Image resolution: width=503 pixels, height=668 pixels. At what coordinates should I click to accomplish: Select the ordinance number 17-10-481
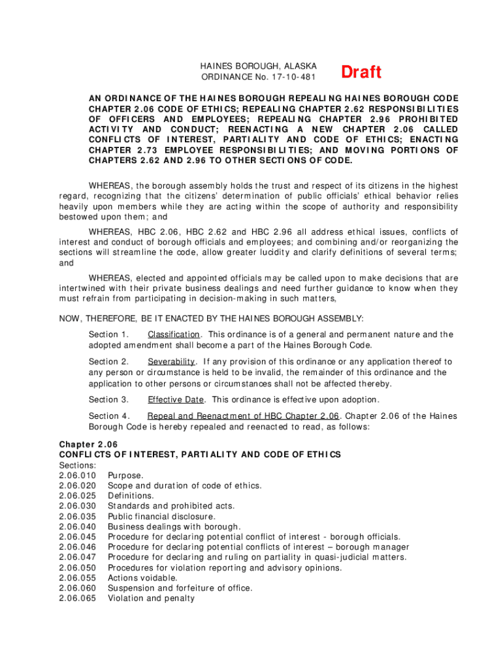[292, 77]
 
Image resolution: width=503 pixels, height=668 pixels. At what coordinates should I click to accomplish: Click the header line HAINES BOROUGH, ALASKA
[258, 67]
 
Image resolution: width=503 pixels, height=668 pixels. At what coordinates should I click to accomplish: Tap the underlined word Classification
[173, 335]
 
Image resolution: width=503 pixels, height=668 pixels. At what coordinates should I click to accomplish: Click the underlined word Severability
[171, 361]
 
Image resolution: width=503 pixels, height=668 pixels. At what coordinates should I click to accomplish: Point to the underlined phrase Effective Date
[176, 400]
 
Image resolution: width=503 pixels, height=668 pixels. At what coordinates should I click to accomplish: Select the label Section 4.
[109, 416]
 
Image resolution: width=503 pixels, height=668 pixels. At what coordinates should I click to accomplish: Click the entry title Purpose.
[125, 476]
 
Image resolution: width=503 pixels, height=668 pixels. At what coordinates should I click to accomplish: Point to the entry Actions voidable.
[142, 577]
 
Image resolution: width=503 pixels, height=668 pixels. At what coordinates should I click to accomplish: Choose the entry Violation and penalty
[151, 598]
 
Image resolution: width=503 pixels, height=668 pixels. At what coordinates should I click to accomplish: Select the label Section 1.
[108, 335]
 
